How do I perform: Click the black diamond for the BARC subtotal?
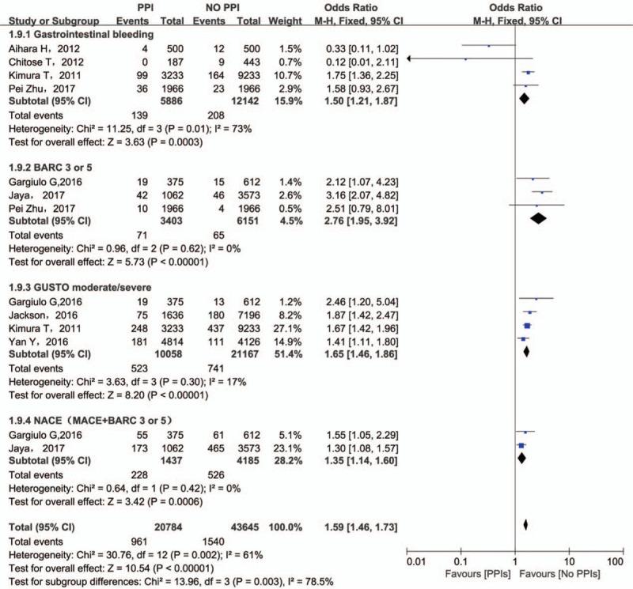tap(538, 219)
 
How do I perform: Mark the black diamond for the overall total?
tap(525, 523)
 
